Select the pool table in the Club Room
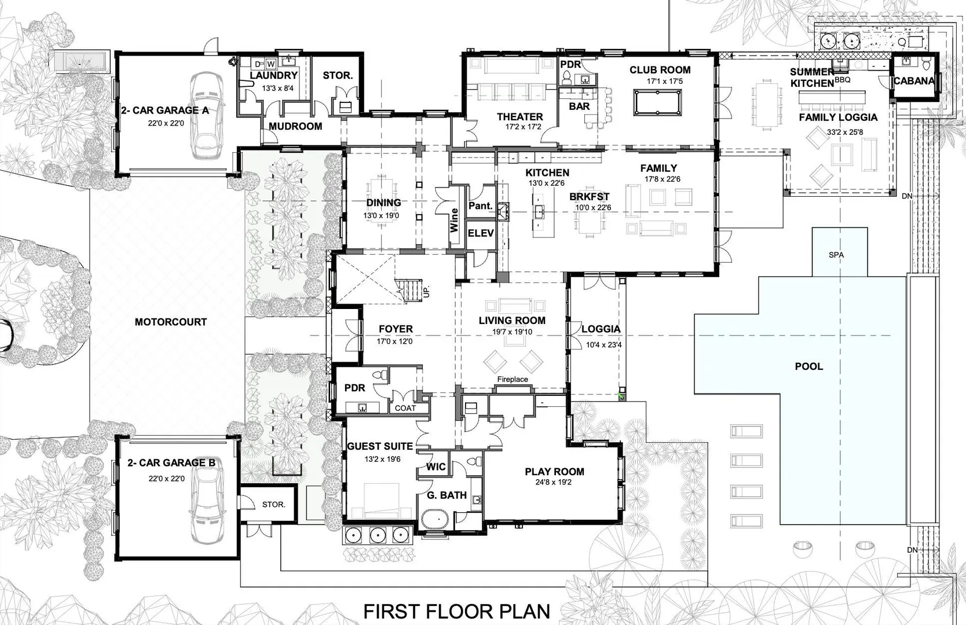coord(658,102)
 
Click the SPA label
coord(836,255)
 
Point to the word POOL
coord(809,366)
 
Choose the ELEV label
coord(481,233)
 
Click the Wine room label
coord(454,220)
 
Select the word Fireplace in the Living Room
coord(513,379)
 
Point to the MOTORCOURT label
coord(171,322)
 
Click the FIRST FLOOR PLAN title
coord(457,611)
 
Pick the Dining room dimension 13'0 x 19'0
coord(381,215)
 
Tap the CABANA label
coord(914,80)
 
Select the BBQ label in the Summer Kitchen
coord(842,80)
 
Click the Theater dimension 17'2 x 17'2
coord(523,127)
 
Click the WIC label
coord(436,467)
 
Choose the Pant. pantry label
coord(481,205)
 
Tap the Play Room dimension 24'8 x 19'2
coord(554,482)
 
